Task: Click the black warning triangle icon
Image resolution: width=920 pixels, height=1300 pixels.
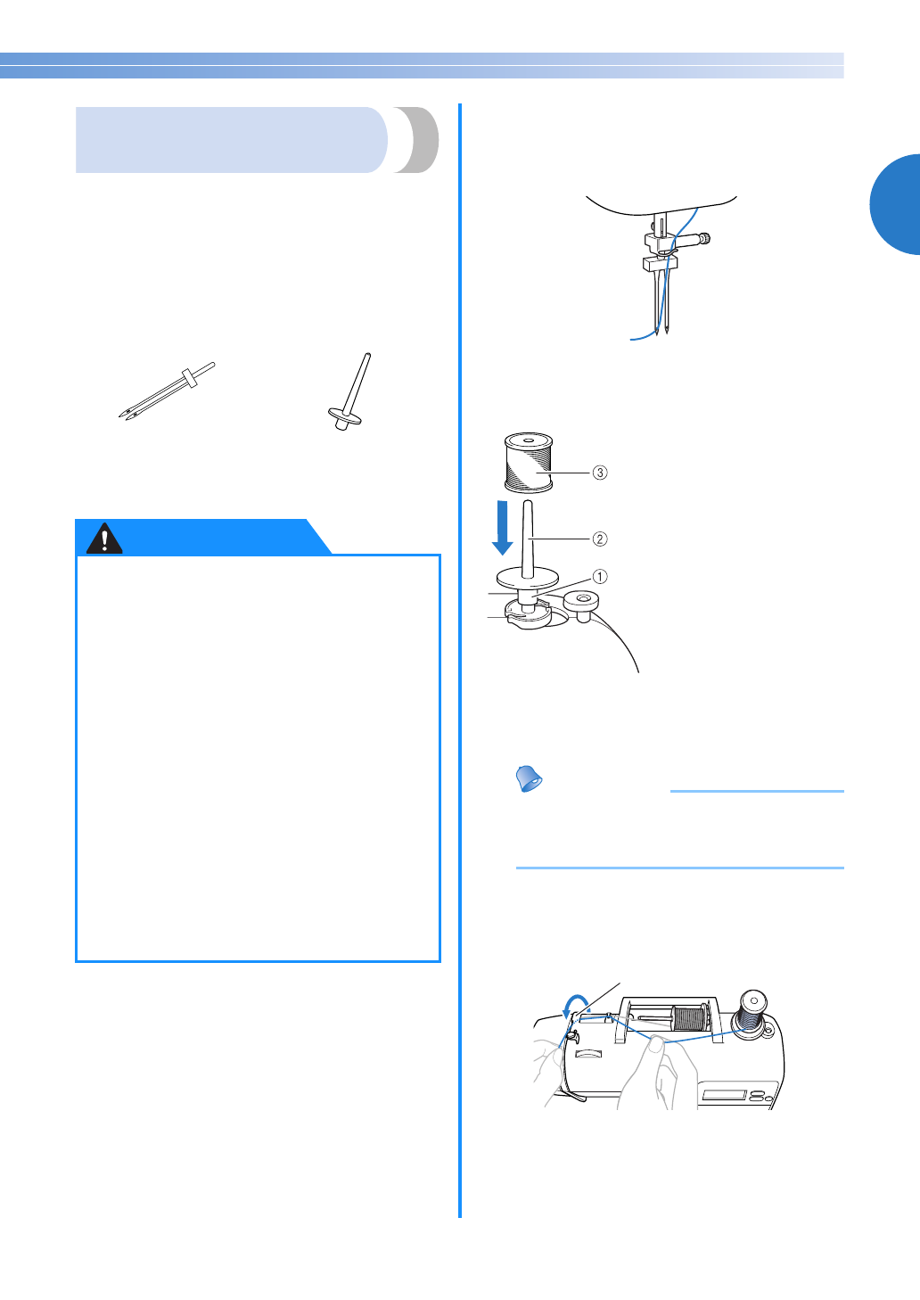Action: (104, 539)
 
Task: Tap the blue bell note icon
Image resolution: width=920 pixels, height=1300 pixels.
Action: (530, 778)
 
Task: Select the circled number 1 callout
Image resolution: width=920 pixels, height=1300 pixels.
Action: (600, 577)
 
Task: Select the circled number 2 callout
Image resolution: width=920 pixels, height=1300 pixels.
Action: (600, 539)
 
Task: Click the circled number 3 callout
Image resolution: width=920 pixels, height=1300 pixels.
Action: (600, 473)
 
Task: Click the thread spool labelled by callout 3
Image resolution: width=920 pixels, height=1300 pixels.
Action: (529, 463)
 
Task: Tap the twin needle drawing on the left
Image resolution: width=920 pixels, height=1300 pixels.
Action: (167, 391)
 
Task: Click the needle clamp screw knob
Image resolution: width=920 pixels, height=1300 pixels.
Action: (704, 238)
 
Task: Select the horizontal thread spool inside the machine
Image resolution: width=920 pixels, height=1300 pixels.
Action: (687, 1017)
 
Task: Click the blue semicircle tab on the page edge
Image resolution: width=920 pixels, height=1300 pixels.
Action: (896, 204)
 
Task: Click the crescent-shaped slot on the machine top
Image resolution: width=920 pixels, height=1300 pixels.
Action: (587, 1054)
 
